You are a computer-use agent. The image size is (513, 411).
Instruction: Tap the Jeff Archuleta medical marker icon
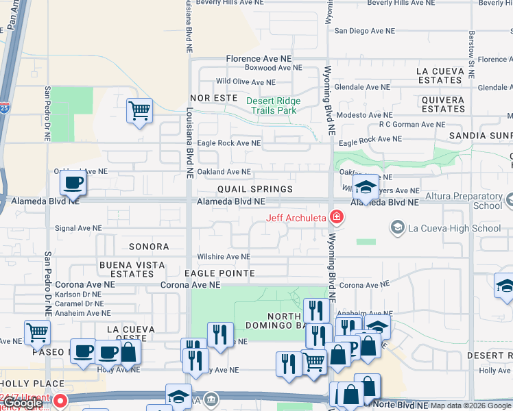336,219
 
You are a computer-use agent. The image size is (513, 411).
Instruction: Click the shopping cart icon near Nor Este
139,110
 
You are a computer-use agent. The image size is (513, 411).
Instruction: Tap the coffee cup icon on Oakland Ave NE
73,183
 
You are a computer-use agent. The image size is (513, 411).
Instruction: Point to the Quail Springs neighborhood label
255,189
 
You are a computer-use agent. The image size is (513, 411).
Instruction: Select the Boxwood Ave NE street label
273,68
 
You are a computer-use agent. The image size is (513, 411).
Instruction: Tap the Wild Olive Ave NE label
250,82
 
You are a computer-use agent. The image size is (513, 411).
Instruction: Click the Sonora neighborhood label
148,247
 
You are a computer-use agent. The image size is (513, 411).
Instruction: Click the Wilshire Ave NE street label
224,257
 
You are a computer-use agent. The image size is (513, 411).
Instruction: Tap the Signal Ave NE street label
78,227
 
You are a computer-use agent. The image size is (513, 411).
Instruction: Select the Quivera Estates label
444,104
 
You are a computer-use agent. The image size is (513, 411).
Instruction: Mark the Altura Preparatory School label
464,201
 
